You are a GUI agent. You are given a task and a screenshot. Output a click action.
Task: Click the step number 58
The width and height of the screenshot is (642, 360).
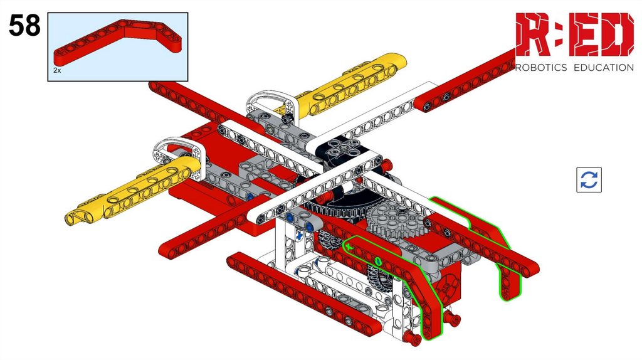[24, 25]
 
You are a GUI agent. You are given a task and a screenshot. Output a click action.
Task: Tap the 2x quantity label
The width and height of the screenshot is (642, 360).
[57, 70]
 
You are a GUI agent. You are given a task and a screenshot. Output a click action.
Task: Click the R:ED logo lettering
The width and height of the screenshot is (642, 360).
[574, 34]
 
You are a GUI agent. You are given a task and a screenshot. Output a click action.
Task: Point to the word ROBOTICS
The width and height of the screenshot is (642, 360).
[541, 68]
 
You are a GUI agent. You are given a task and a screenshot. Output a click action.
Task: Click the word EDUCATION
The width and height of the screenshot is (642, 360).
[604, 68]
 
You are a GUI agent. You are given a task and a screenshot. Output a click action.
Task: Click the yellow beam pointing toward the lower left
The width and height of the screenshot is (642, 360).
[133, 191]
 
